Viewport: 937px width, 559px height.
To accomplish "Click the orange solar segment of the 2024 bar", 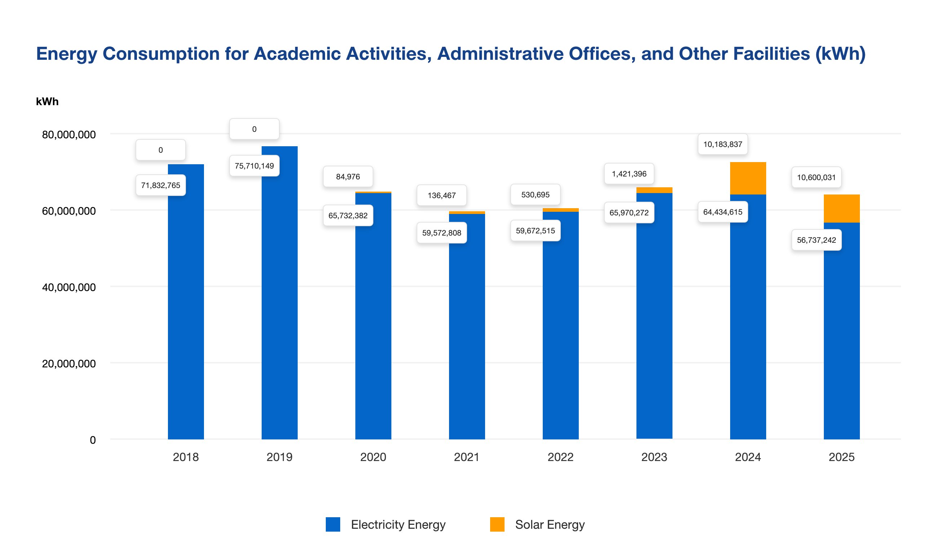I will tap(748, 178).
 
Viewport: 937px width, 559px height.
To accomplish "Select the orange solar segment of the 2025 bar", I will tap(841, 208).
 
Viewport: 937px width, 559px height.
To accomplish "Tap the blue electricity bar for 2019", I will tap(279, 301).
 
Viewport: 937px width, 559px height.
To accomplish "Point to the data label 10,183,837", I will tap(723, 144).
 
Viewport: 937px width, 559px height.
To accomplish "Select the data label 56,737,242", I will tap(816, 240).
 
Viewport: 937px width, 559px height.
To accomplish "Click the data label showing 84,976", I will tap(348, 176).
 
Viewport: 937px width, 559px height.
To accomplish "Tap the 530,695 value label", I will tap(535, 195).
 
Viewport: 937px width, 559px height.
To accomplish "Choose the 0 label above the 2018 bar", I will tap(161, 150).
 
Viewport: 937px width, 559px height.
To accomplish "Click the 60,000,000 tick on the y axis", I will tap(68, 211).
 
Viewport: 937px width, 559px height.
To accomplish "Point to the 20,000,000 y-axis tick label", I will tap(68, 363).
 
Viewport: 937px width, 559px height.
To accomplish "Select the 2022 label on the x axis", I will tap(560, 457).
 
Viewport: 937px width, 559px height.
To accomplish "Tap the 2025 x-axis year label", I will tap(841, 457).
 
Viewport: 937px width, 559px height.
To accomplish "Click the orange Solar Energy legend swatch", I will tap(497, 524).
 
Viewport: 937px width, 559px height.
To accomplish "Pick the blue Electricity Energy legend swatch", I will tap(333, 524).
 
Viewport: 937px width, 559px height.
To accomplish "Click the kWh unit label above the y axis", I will tap(47, 102).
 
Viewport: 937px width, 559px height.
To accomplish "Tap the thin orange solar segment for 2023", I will tap(654, 190).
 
